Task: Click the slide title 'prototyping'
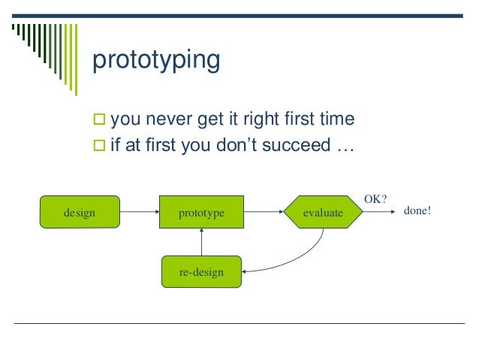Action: [x=156, y=60]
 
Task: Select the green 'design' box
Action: [x=80, y=212]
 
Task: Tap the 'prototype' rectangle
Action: [x=201, y=212]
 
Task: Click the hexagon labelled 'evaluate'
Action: [x=323, y=212]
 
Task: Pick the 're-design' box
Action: [x=201, y=271]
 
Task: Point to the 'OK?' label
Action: [x=375, y=199]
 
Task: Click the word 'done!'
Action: [x=417, y=210]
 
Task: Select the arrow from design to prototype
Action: [x=140, y=212]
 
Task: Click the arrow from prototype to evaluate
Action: [x=264, y=212]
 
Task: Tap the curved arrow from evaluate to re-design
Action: [x=294, y=261]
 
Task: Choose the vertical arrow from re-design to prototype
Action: [x=201, y=242]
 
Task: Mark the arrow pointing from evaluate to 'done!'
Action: [x=379, y=212]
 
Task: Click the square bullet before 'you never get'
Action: [x=99, y=119]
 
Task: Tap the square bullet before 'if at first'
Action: [x=99, y=145]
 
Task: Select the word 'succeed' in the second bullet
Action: [x=297, y=145]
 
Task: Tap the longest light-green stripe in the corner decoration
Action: [x=76, y=60]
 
